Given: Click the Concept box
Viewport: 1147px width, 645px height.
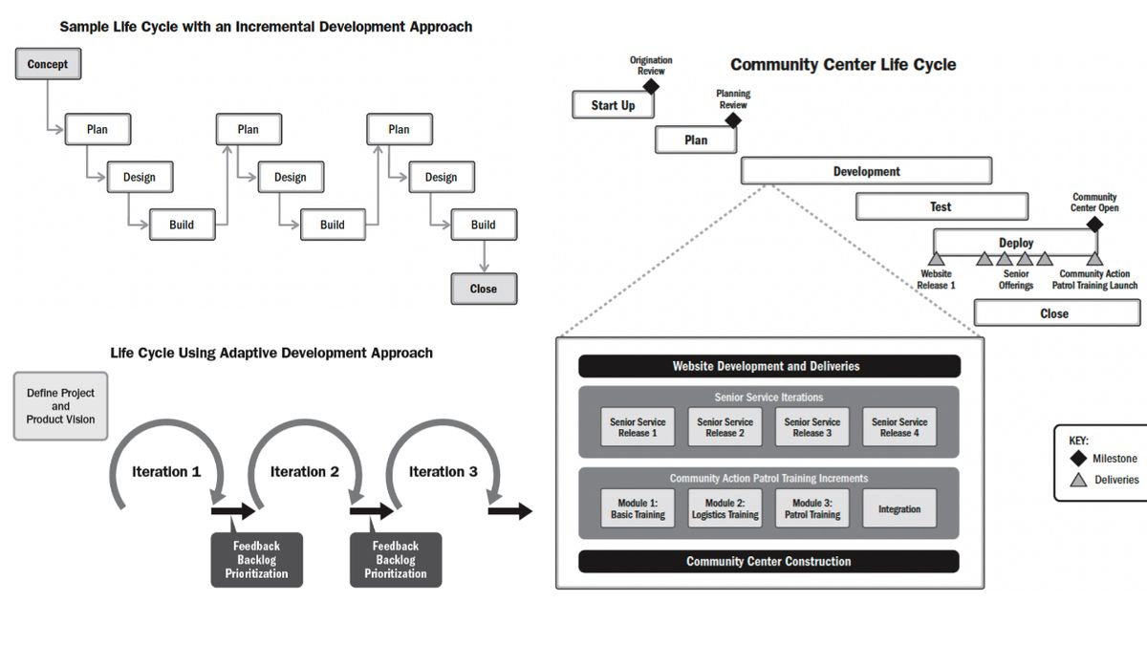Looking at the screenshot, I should [48, 64].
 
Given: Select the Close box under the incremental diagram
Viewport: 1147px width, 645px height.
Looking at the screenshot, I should [484, 289].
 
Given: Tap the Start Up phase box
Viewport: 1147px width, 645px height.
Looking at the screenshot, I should [613, 105].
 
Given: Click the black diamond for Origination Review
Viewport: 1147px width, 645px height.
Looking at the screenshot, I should [651, 87].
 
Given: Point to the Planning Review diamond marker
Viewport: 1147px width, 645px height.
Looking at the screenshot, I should [733, 121].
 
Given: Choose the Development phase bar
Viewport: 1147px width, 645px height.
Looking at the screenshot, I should [866, 172].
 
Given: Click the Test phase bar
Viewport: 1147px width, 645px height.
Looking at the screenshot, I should [941, 206].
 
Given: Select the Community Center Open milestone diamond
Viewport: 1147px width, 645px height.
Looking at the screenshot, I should [1094, 225].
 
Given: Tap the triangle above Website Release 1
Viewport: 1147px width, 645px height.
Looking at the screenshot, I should [936, 259].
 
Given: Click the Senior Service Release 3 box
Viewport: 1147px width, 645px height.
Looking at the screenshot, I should [812, 427].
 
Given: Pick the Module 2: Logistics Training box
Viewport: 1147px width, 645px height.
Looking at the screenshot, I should [725, 509].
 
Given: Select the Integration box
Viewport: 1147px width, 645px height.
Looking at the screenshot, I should [899, 509].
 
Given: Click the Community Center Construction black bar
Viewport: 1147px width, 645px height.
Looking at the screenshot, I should [768, 561].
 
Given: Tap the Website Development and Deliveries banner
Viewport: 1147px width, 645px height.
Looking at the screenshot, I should [768, 366].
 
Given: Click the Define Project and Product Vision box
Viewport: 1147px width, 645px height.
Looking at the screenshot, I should [61, 406].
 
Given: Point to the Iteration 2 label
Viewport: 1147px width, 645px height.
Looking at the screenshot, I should [305, 471].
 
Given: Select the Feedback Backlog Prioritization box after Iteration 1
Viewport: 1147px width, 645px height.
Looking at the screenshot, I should [256, 560].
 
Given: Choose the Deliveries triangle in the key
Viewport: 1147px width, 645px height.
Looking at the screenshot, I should [1078, 480].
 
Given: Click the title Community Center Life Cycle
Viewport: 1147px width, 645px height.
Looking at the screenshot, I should [843, 65].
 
